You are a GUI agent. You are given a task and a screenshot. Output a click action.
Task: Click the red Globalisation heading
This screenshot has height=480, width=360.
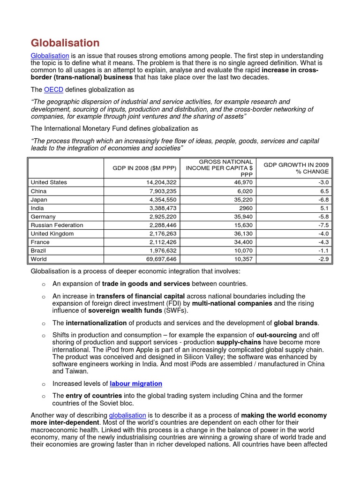click(65, 43)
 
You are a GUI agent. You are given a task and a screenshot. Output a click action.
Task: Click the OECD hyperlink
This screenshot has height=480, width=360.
click(53, 90)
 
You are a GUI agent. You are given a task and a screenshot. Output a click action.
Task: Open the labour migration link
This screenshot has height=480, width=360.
click(136, 383)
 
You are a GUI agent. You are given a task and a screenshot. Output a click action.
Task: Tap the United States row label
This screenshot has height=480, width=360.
click(49, 182)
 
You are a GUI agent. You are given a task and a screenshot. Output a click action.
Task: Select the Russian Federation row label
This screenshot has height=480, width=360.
click(57, 225)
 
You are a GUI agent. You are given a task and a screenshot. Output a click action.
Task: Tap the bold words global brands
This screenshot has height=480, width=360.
click(296, 323)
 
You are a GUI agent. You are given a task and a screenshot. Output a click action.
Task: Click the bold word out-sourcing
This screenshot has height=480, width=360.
click(276, 335)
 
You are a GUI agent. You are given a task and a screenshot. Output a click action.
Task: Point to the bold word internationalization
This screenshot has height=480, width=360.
click(96, 323)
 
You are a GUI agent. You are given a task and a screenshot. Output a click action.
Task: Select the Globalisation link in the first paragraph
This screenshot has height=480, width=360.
click(50, 56)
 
